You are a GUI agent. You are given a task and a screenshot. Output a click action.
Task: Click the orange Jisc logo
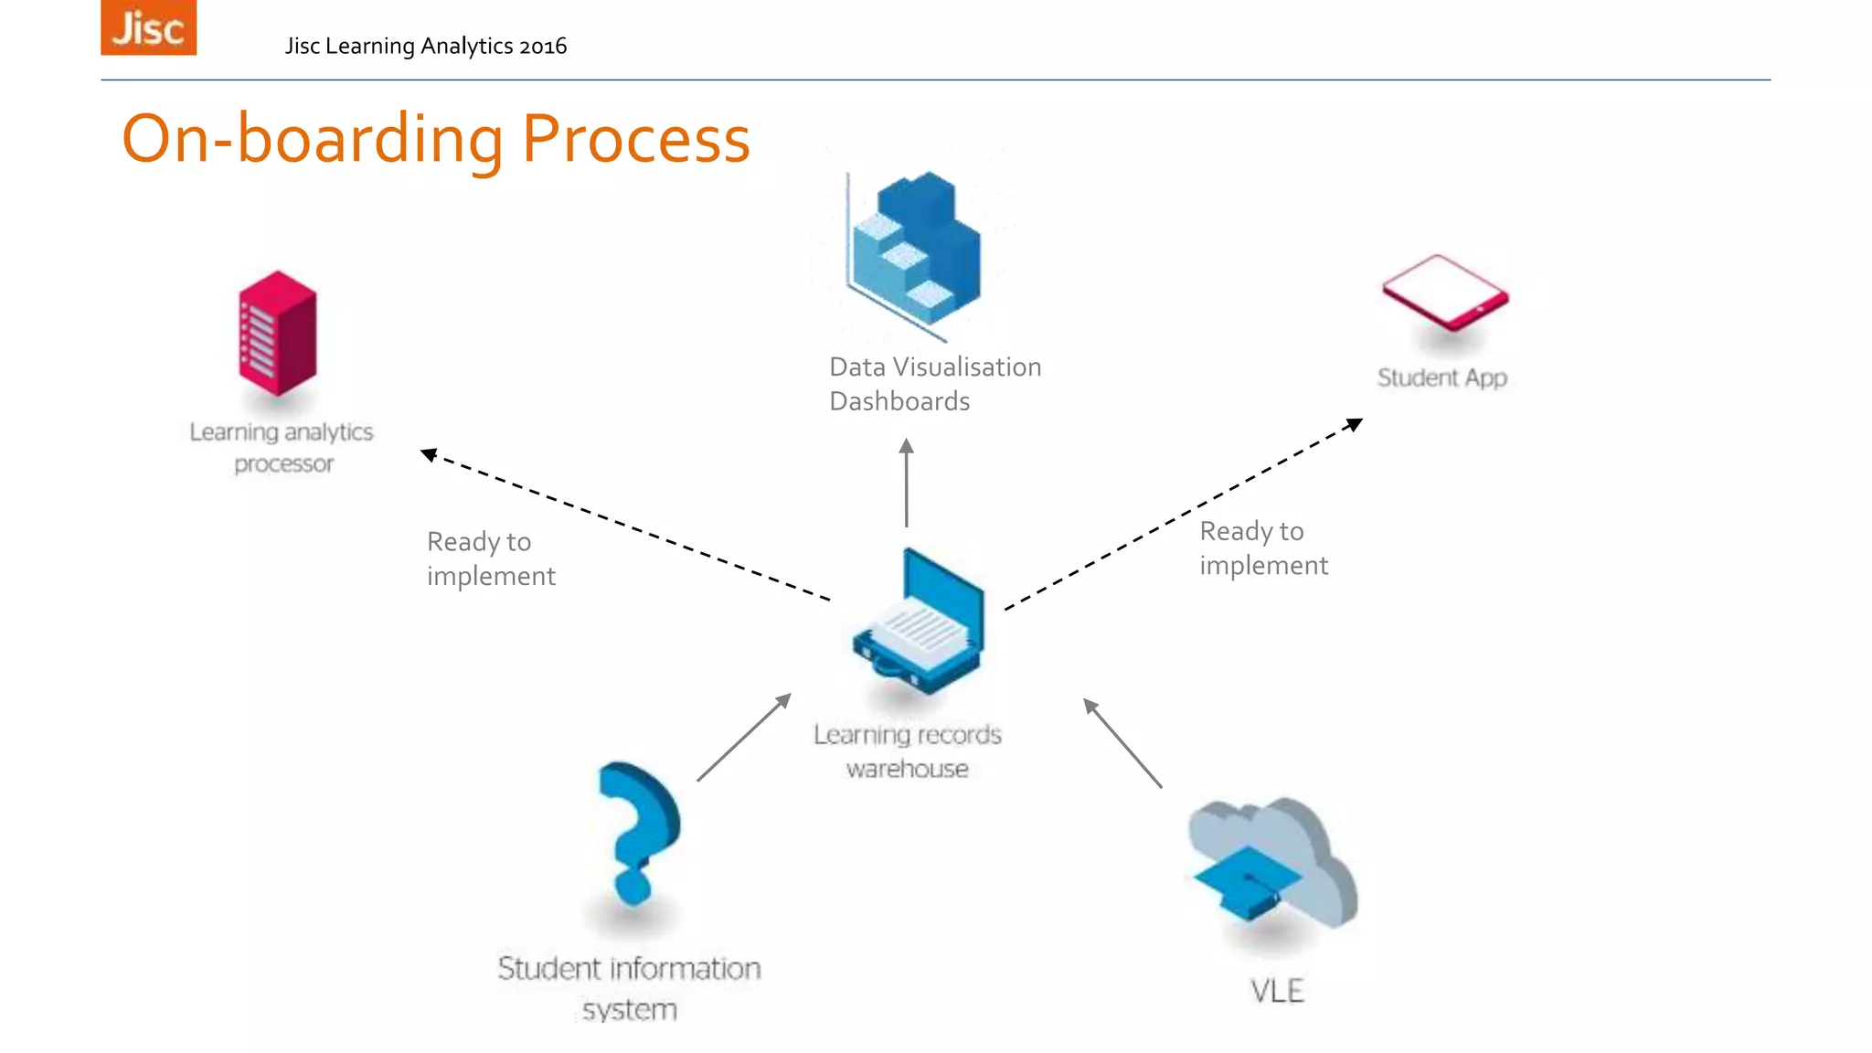coord(148,27)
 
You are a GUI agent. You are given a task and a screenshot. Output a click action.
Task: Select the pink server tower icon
coord(277,334)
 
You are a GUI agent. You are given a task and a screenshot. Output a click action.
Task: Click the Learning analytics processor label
coord(282,447)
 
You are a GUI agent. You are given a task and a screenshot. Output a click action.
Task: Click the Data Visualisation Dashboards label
coord(934,384)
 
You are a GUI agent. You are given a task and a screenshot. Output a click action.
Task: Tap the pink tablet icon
coord(1444,292)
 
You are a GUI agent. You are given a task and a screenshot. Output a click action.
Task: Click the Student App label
coord(1441,378)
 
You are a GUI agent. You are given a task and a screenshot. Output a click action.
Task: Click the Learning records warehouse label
coord(907,751)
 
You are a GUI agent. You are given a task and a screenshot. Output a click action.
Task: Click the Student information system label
coord(629,988)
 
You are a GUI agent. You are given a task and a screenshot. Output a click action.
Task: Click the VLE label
coord(1276,991)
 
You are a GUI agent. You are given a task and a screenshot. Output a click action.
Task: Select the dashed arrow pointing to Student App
coord(1184,514)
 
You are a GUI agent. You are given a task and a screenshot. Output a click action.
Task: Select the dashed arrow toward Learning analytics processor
coord(625,526)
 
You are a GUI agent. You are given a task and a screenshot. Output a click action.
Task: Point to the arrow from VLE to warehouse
coord(1122,742)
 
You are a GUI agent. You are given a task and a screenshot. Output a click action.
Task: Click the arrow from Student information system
coord(743,737)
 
